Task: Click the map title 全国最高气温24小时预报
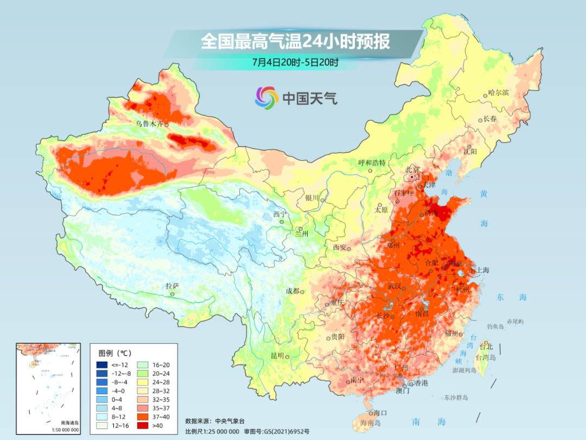click(x=295, y=42)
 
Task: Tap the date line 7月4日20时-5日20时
click(x=295, y=62)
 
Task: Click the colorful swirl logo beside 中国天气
click(x=266, y=98)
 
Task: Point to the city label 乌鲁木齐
click(x=149, y=124)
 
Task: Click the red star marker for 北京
click(x=412, y=177)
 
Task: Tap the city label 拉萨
click(x=172, y=286)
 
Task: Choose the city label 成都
click(x=292, y=291)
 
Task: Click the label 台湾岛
click(x=486, y=358)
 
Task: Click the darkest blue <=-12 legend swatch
click(x=101, y=364)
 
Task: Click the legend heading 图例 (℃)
click(x=114, y=353)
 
